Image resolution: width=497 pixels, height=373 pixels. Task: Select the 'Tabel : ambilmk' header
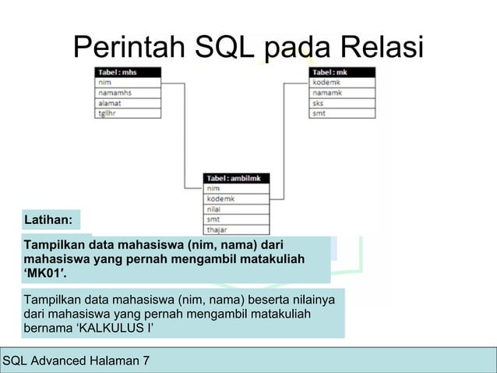(x=236, y=179)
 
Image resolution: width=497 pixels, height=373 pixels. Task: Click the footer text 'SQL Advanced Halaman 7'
(x=77, y=361)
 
